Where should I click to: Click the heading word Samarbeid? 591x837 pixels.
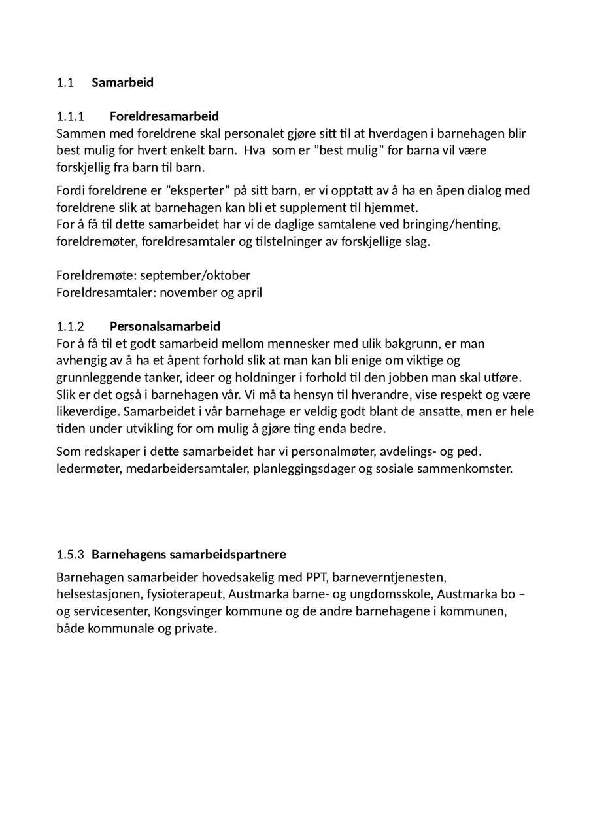[122, 82]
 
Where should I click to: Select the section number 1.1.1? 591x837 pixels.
[71, 116]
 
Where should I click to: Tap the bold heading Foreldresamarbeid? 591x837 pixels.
[164, 116]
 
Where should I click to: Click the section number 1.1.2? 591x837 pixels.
[71, 326]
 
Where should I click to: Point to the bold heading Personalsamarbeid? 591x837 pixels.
[165, 326]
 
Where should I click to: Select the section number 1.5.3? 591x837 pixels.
[71, 555]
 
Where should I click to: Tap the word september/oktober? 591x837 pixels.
[195, 275]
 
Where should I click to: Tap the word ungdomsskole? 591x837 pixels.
[389, 594]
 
